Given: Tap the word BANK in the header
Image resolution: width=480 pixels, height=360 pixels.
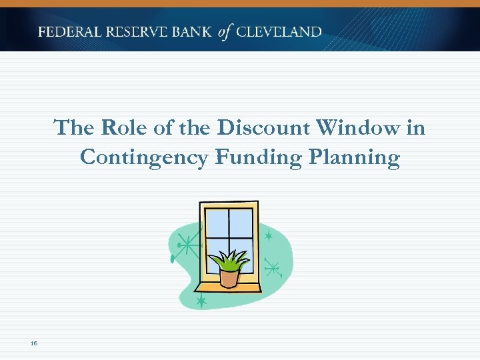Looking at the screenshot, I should click(x=193, y=32).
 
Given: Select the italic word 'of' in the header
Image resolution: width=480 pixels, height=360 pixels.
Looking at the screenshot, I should click(x=225, y=32).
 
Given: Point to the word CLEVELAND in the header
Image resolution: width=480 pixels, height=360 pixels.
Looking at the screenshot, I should click(x=279, y=32).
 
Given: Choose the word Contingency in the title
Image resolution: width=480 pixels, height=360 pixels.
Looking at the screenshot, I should click(x=143, y=157).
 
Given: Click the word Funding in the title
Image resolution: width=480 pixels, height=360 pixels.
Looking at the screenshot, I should click(x=254, y=157).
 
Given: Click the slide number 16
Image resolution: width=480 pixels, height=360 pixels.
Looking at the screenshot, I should click(x=33, y=343).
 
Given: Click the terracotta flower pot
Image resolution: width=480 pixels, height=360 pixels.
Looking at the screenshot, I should click(x=229, y=277).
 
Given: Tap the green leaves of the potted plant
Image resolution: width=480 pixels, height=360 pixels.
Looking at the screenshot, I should click(x=230, y=259).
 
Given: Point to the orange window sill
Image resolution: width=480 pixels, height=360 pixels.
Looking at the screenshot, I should click(x=227, y=287).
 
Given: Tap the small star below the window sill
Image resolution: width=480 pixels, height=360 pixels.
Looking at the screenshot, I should click(x=201, y=301).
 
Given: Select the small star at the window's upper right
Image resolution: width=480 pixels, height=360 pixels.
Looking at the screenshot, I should click(x=269, y=236).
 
